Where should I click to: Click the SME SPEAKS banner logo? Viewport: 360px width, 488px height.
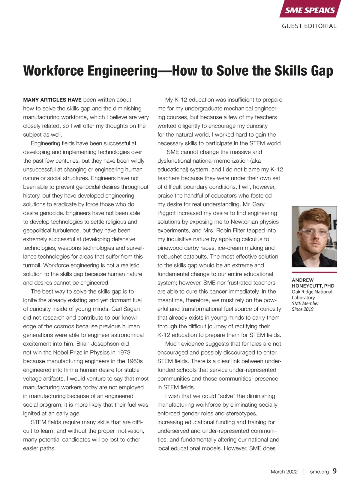tap(310, 10)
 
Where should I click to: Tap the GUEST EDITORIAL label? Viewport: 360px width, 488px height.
tap(309, 26)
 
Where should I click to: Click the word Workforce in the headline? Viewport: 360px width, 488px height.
tap(53, 71)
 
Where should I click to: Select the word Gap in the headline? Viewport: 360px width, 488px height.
tap(322, 71)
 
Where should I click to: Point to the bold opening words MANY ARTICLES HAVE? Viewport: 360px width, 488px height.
tap(52, 100)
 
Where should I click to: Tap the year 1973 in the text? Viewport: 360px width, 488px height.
tap(124, 352)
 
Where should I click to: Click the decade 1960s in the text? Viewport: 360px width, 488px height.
tap(135, 361)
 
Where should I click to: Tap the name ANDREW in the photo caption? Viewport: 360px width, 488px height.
tap(303, 280)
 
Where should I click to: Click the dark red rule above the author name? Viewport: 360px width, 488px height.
tap(314, 273)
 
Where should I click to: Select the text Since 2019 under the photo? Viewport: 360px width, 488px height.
tap(302, 309)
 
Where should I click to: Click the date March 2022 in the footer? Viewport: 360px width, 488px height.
tap(284, 471)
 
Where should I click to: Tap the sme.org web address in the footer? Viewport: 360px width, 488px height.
tap(319, 471)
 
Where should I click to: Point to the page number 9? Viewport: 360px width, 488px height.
tap(334, 471)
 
